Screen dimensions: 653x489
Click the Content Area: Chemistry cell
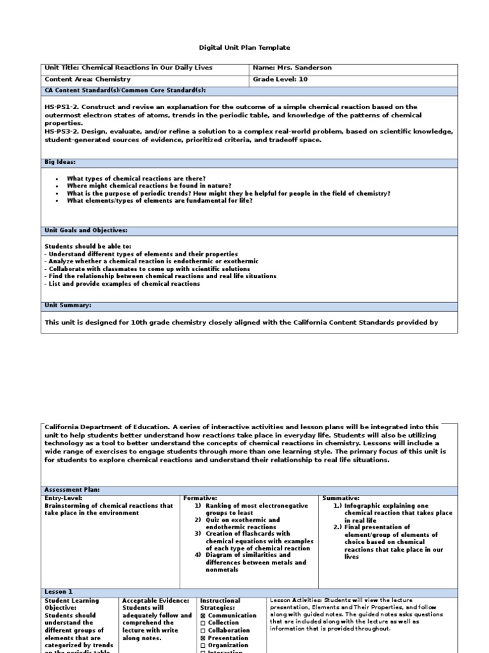pos(87,80)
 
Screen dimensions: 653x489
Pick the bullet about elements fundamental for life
pos(159,200)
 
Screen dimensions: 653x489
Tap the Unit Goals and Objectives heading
pos(85,230)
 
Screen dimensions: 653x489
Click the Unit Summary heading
pos(67,305)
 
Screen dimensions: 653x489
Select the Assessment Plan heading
pos(72,490)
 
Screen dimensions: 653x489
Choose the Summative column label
pos(341,497)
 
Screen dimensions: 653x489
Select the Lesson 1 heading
pos(59,592)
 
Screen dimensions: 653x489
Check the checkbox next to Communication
pos(203,615)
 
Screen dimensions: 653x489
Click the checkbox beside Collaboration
pos(203,631)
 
